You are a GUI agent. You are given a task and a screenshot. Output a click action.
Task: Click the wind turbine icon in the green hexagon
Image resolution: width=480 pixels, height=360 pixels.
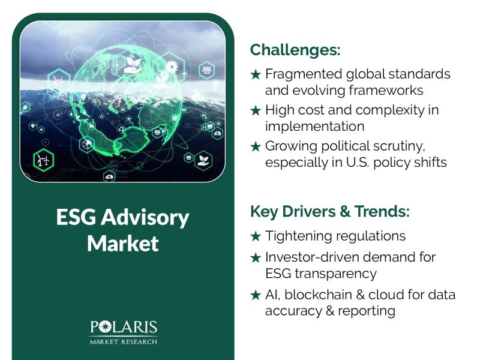[43, 160]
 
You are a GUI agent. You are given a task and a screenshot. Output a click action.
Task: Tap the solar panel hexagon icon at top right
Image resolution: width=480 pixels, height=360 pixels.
[206, 70]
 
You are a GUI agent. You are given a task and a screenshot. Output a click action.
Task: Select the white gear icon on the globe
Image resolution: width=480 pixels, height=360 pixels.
[172, 67]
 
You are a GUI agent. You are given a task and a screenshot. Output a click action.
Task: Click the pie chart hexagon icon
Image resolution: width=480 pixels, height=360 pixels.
[87, 144]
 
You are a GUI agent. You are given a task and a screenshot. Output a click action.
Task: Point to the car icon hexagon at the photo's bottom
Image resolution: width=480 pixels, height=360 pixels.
[109, 176]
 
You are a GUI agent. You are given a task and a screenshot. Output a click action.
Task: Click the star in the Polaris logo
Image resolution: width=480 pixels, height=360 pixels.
[104, 326]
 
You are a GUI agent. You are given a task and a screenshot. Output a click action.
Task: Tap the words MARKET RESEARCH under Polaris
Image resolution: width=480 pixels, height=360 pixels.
[124, 341]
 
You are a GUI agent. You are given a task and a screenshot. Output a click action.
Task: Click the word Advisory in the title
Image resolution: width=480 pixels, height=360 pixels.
[145, 218]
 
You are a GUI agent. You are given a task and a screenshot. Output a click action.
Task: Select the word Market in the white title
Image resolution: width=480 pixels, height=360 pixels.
[123, 244]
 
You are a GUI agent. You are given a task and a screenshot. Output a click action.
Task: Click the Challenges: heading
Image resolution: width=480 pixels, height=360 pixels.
[295, 50]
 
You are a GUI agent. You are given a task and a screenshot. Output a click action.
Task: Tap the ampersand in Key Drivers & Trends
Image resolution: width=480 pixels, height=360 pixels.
[344, 212]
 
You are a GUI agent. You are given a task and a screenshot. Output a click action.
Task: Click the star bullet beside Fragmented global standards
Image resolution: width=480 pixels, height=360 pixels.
[256, 74]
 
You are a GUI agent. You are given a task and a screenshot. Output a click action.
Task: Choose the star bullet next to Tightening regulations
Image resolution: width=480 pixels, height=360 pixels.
[256, 236]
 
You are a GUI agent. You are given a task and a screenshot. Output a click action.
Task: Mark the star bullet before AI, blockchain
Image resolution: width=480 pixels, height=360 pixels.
[256, 295]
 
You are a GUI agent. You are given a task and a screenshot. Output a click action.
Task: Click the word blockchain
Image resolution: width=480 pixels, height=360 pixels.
[318, 295]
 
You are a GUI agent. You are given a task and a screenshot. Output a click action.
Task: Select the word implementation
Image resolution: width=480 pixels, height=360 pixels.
[314, 127]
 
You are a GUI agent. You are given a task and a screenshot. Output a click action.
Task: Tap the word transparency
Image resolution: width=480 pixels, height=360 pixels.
[335, 274]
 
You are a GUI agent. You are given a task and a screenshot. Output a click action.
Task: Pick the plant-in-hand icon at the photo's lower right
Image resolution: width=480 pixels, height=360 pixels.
[203, 161]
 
